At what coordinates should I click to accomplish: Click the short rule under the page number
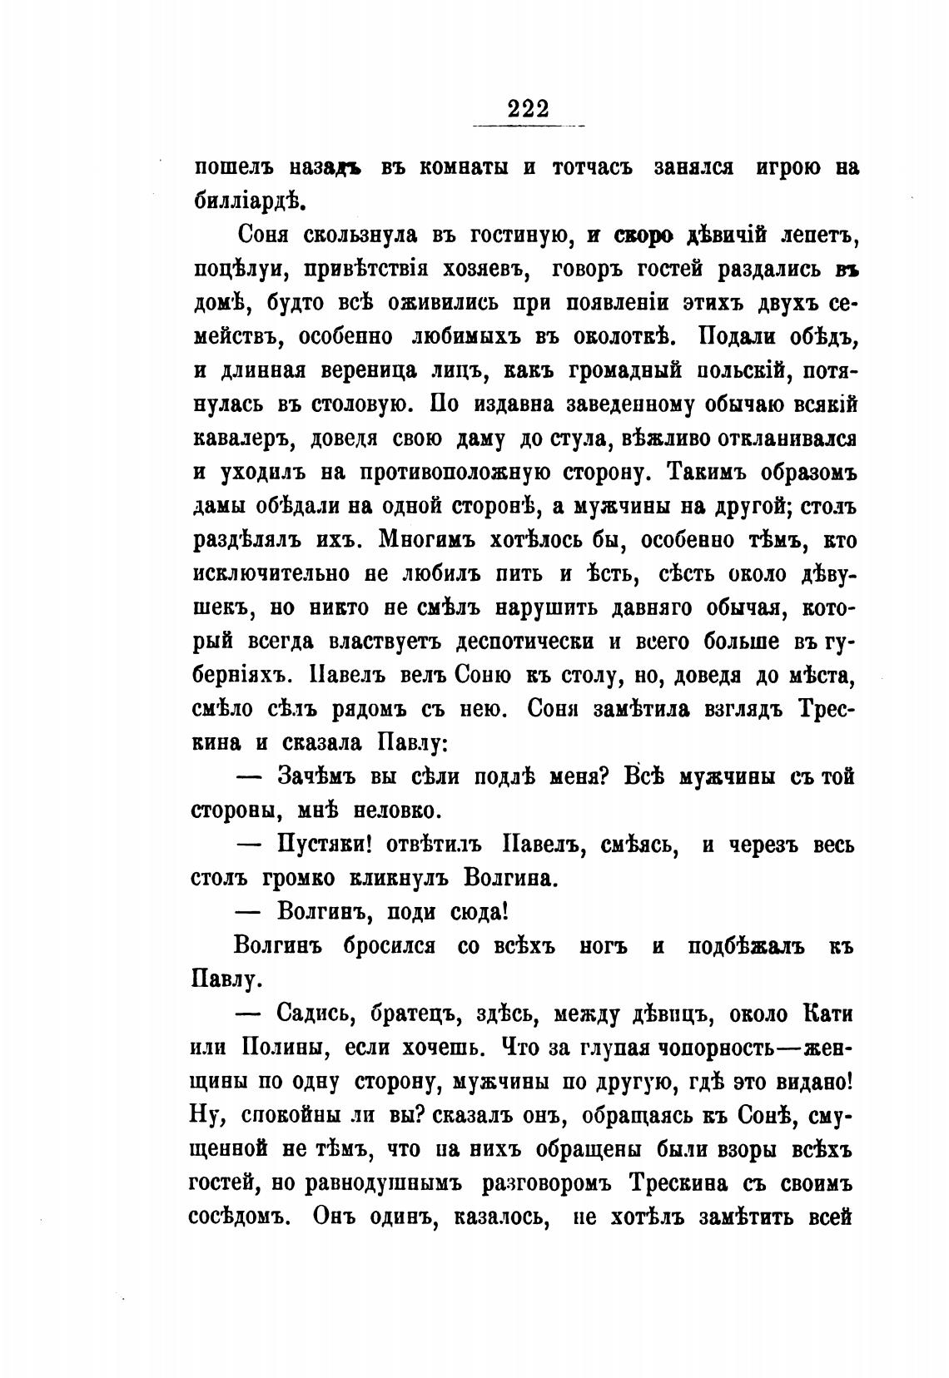[527, 126]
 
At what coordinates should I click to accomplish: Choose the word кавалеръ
[242, 439]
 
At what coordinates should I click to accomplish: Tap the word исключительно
[270, 574]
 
